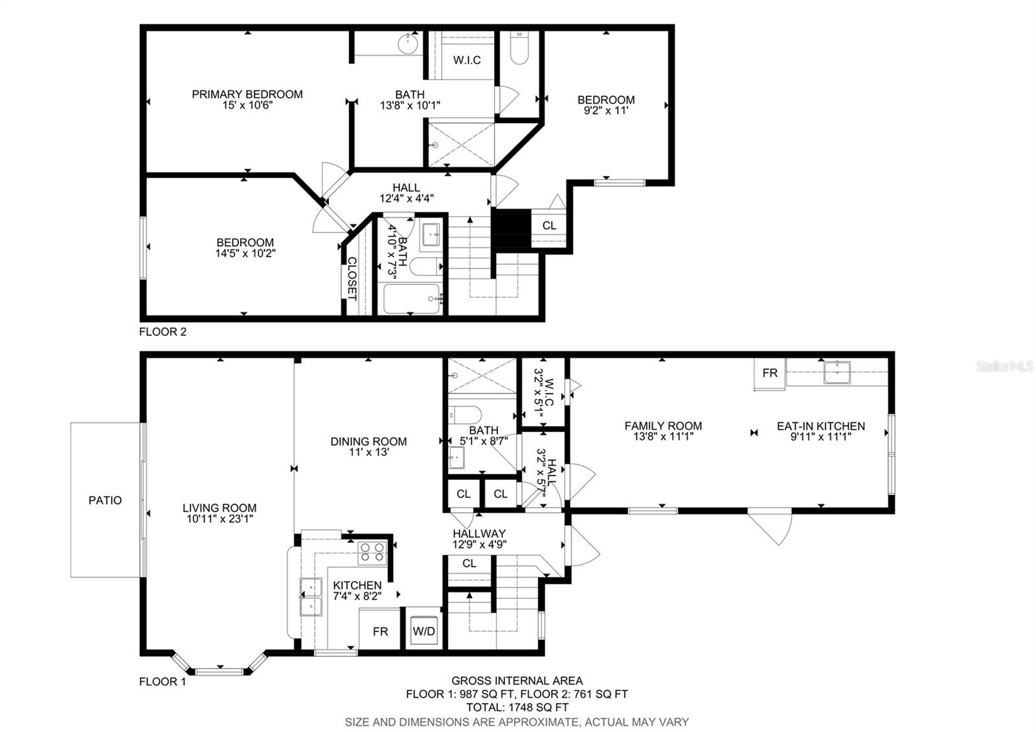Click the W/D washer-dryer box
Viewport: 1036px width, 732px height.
tap(424, 630)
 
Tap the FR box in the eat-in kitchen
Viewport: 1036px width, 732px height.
tap(769, 373)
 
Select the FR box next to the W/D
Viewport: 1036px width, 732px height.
tap(380, 630)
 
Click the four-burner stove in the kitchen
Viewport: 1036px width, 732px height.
tap(372, 552)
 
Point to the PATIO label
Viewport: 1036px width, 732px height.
tap(105, 500)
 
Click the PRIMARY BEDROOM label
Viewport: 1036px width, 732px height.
tap(247, 95)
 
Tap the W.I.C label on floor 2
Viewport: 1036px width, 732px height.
tap(467, 60)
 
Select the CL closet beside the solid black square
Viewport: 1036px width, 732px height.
tap(549, 225)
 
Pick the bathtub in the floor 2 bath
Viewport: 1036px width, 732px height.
tap(412, 299)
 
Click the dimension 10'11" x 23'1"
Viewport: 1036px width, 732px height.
tap(220, 519)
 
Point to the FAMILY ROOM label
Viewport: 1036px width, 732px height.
tap(663, 426)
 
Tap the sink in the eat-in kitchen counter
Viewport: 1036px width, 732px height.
tap(837, 372)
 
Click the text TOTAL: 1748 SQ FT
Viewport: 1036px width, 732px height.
tap(517, 707)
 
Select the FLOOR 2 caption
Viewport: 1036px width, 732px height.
tap(163, 332)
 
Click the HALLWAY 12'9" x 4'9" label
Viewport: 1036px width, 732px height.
tap(479, 539)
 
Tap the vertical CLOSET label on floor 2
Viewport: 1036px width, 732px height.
tap(352, 279)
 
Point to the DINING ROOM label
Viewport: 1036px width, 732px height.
tap(368, 442)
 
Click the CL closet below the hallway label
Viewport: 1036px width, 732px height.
tap(469, 564)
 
